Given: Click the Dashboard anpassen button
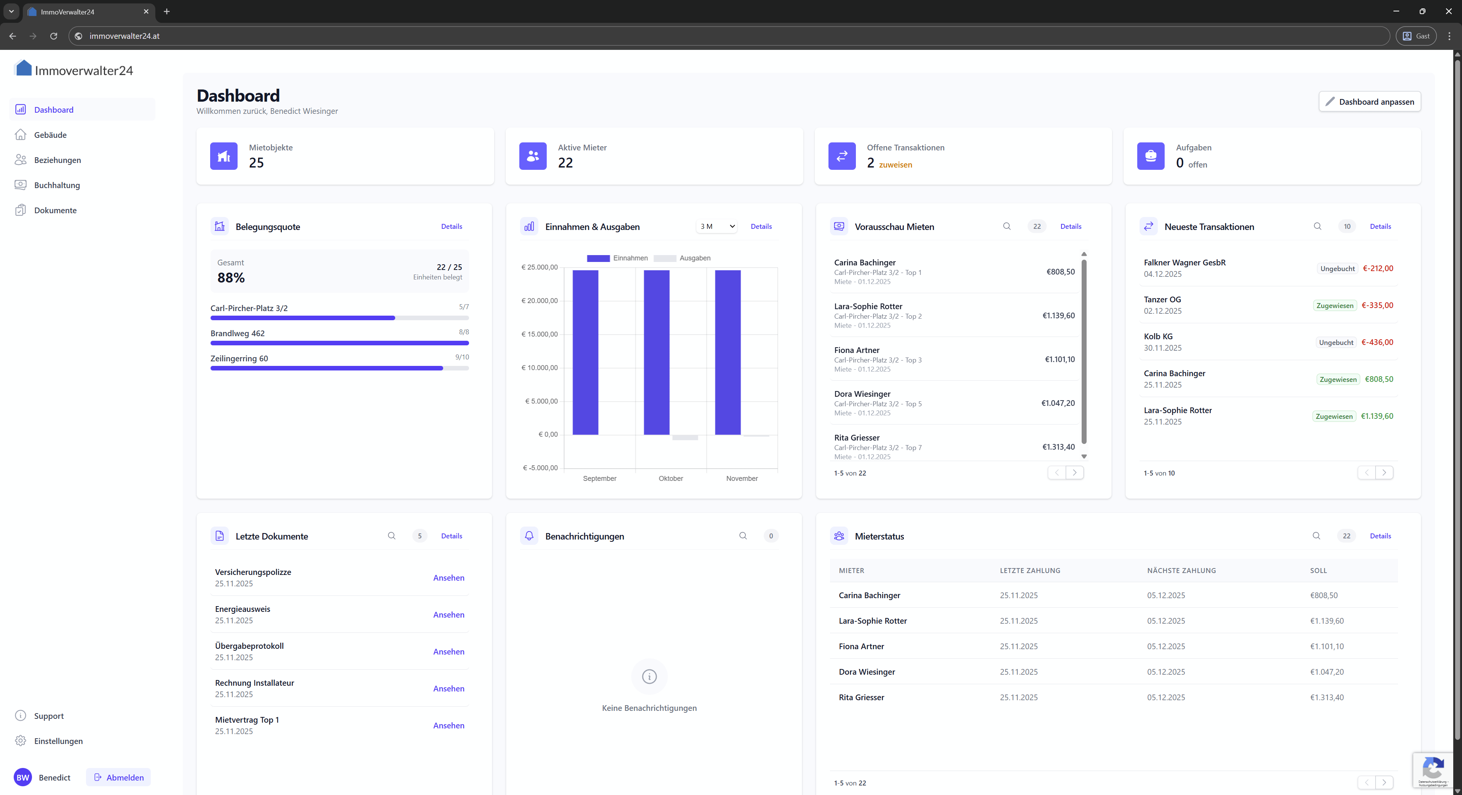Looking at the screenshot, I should coord(1369,102).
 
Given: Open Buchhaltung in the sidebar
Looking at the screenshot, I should coord(57,185).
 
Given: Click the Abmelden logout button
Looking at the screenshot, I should coord(119,777).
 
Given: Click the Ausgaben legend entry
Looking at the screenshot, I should coord(682,258).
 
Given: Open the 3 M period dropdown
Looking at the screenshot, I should coord(717,227).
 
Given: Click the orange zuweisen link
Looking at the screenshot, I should coord(895,164).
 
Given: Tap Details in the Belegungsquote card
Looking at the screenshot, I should coord(451,227).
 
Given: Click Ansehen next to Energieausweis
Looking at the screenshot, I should coord(448,615).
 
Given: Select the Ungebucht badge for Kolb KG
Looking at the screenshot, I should coord(1336,343).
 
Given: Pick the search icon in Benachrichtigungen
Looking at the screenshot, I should coord(743,536).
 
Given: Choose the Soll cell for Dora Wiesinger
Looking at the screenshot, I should coord(1326,672).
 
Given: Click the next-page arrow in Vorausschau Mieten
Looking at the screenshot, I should coord(1074,473).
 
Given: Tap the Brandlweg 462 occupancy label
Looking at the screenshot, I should coord(237,333).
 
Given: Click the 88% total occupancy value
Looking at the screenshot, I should coord(231,278).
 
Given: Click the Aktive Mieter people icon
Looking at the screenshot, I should coord(532,156).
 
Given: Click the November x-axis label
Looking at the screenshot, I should coord(741,478).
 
